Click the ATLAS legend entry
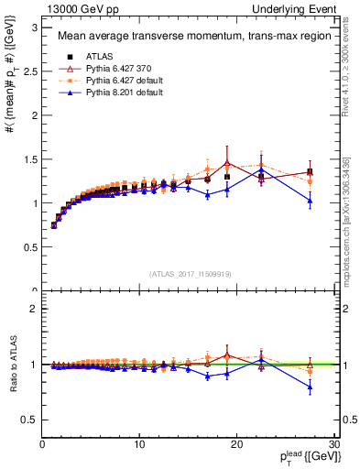(89, 58)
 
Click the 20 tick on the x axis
(236, 443)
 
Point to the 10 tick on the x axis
(139, 443)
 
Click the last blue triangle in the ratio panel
(310, 387)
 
